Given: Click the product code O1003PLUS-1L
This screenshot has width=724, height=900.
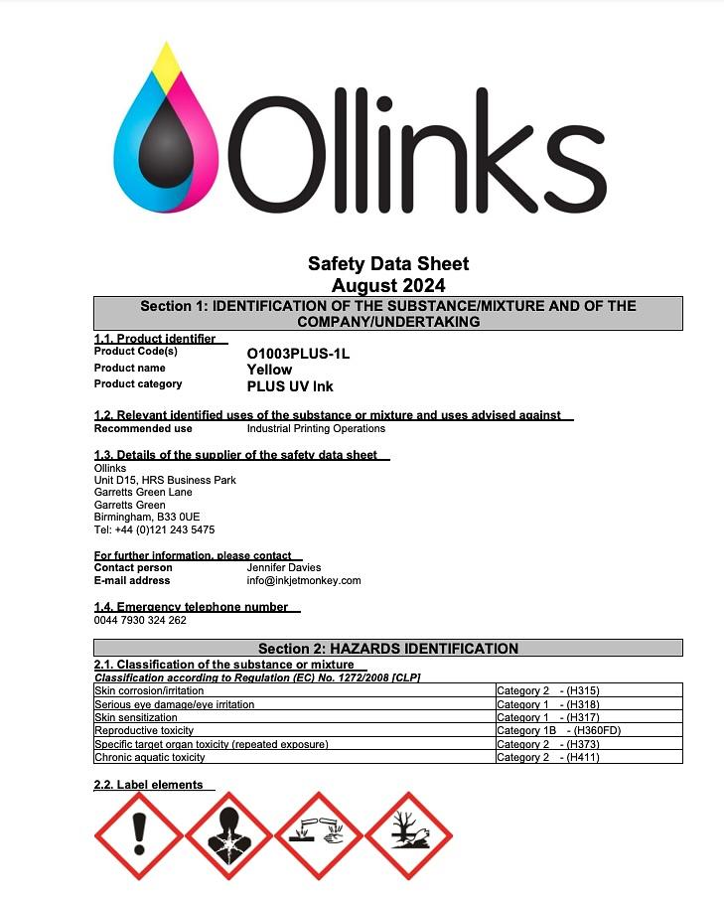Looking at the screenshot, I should point(298,353).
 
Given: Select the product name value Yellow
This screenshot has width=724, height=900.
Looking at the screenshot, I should point(269,370).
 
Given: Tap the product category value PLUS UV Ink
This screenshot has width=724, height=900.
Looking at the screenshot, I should point(290,386).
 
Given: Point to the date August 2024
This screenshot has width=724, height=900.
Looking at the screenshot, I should point(388,285).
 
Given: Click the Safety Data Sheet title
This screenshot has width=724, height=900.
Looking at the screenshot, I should point(388,264).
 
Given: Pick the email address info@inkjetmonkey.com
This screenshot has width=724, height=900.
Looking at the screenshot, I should point(304,580).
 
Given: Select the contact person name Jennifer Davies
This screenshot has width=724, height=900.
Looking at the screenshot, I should point(284,567).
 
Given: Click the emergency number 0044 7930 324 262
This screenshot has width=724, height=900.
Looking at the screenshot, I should point(140,620).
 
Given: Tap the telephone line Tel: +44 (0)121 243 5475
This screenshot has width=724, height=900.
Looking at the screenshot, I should point(154,529).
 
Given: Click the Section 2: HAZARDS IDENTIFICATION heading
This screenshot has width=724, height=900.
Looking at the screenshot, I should point(388,649).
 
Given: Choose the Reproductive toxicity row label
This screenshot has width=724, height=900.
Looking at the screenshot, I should point(144,730).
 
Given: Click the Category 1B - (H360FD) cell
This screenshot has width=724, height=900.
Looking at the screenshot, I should point(558,730).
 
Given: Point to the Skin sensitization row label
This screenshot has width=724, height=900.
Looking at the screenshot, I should point(136,717).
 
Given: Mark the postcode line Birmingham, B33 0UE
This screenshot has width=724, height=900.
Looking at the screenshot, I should point(147,518).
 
